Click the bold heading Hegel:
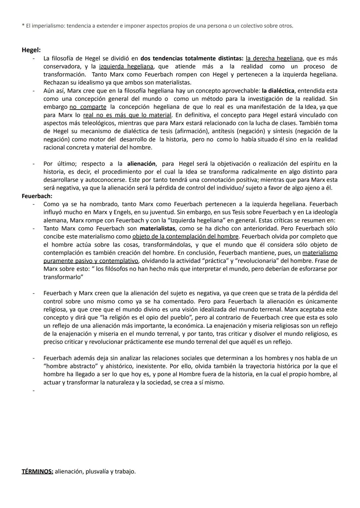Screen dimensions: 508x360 click(31, 50)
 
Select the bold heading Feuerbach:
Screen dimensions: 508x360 click(37, 196)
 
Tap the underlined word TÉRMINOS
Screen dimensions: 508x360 click(37, 471)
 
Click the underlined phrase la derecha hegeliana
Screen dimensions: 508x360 click(274, 58)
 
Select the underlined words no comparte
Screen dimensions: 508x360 click(88, 107)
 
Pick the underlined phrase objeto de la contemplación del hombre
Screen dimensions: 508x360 click(185, 237)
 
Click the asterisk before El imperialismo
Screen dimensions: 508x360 click(23, 26)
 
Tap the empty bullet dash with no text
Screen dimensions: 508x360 click(33, 390)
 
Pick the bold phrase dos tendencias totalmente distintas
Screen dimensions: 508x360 click(192, 58)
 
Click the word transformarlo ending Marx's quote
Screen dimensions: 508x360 click(63, 277)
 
